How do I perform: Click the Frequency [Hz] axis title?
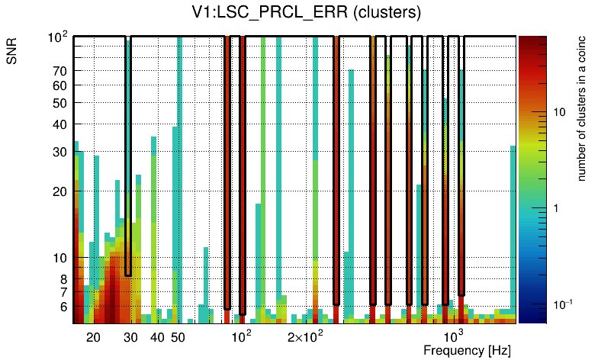467,350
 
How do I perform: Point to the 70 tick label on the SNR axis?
60,71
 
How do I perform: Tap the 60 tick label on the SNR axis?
60,85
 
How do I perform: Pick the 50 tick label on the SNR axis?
60,103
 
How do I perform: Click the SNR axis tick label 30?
60,152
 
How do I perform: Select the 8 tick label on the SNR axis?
64,278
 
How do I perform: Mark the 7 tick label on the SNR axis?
64,291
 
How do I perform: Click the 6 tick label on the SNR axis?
64,307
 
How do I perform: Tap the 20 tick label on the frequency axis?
93,336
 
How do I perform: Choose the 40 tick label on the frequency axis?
157,336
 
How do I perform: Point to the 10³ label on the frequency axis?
454,336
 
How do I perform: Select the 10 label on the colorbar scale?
558,112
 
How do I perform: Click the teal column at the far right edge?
513,229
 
